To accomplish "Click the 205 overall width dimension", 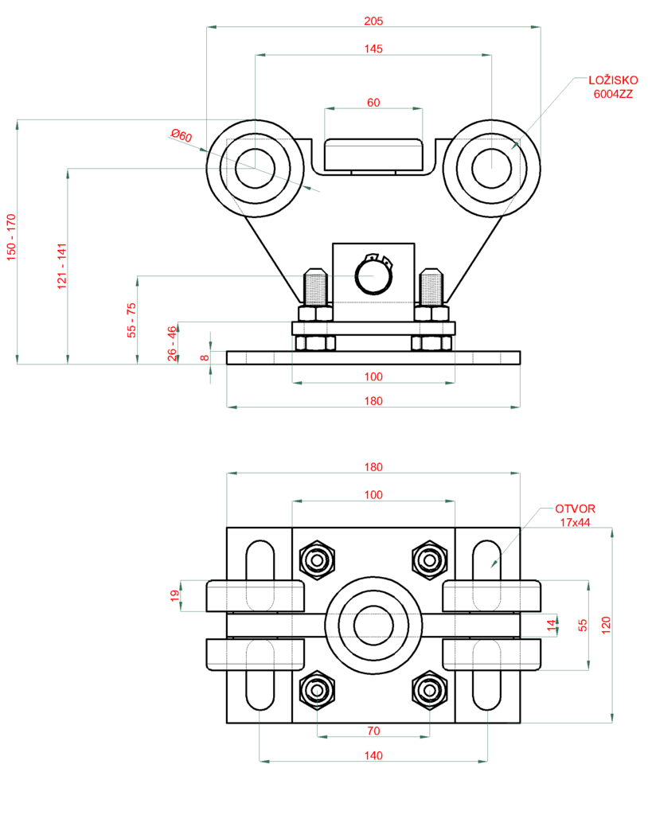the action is [x=373, y=21].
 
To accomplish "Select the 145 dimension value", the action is [x=373, y=49].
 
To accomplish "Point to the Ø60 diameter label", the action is [x=182, y=135].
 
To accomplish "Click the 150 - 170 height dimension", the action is [x=11, y=237].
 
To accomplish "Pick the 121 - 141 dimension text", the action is [x=62, y=266].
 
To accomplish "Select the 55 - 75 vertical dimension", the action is [x=131, y=320].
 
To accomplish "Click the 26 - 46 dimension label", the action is [x=172, y=344].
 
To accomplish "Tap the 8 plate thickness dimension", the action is [x=205, y=357].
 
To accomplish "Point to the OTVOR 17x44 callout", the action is [x=575, y=515].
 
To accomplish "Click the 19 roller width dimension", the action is [x=175, y=595].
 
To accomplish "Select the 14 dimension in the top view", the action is [x=551, y=626].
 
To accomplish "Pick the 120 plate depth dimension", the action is [x=606, y=625].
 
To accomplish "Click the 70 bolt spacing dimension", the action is [x=373, y=731].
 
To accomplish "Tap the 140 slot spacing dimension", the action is [x=373, y=755].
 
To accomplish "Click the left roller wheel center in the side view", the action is [x=255, y=168].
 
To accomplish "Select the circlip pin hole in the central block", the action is [x=373, y=275].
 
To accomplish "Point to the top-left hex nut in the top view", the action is [x=318, y=560].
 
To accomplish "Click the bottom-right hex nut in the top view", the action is [x=430, y=690].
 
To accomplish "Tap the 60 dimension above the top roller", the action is [x=373, y=103].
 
